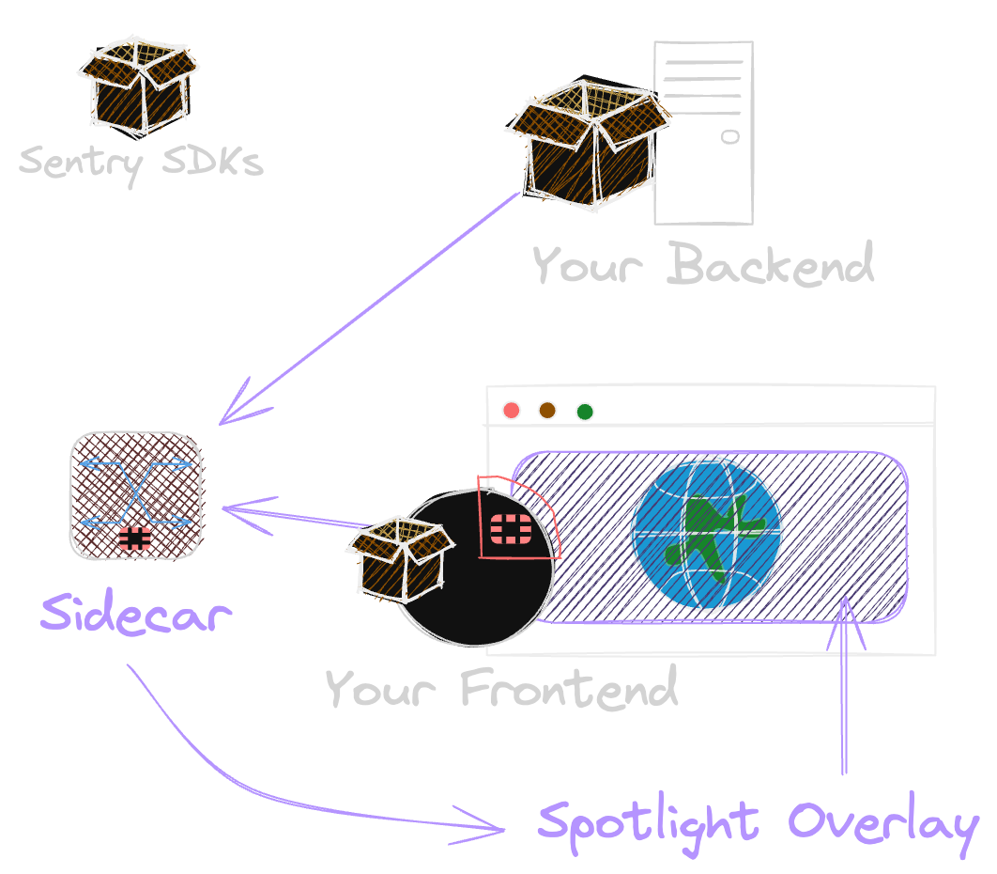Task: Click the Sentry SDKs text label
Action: pos(141,162)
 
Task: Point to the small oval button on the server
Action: pos(729,137)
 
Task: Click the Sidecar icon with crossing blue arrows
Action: pos(136,495)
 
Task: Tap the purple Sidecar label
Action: pos(136,616)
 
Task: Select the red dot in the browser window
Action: pos(512,410)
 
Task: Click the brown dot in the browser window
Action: pos(547,410)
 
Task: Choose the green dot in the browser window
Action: pos(585,411)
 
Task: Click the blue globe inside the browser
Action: pos(706,533)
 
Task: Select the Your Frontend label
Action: pos(501,688)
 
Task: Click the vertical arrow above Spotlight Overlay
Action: pos(845,686)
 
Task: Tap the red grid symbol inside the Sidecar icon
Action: pos(135,538)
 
